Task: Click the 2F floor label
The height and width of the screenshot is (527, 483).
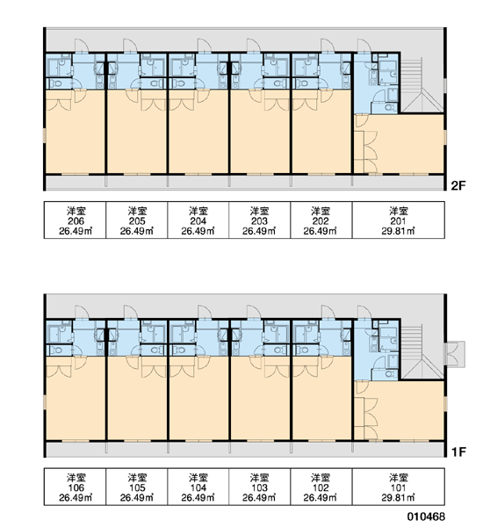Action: tap(458, 185)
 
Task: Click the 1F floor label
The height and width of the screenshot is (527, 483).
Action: tap(458, 452)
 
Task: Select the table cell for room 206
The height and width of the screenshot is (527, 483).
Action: tap(75, 220)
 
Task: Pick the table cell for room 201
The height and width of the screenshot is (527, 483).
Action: tap(399, 220)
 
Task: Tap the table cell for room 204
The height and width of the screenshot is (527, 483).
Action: tap(198, 220)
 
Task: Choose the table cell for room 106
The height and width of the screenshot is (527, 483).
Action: tap(75, 487)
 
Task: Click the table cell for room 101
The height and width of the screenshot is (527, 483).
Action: tap(399, 487)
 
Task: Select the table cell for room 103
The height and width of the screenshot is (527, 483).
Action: tap(259, 487)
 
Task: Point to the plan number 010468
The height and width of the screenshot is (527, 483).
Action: tap(426, 516)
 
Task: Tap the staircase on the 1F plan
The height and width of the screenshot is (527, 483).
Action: tap(421, 352)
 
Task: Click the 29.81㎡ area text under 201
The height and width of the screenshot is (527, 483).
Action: tap(398, 231)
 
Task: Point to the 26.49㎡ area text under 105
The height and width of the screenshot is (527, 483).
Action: tap(137, 498)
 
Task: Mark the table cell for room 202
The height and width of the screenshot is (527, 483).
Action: tap(321, 220)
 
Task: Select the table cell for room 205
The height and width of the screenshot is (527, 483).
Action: tap(137, 220)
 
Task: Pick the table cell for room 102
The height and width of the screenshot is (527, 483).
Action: tap(321, 487)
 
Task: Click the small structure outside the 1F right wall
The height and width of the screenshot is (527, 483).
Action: tap(456, 354)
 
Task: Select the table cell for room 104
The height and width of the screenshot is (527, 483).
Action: tap(198, 487)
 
